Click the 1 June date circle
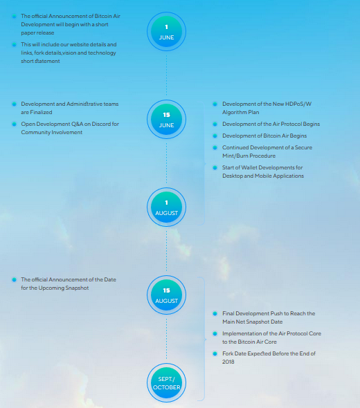pyautogui.click(x=166, y=32)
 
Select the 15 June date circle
pyautogui.click(x=166, y=119)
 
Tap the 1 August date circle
pyautogui.click(x=166, y=207)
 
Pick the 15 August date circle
pyautogui.click(x=166, y=295)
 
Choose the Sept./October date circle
pyautogui.click(x=166, y=383)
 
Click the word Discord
pyautogui.click(x=101, y=124)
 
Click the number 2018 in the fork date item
pyautogui.click(x=228, y=362)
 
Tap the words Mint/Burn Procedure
pyautogui.click(x=249, y=156)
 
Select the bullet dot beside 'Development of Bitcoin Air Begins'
pyautogui.click(x=215, y=136)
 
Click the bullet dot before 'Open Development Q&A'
pyautogui.click(x=14, y=124)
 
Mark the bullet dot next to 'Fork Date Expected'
pyautogui.click(x=215, y=353)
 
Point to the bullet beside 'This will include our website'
pyautogui.click(x=14, y=44)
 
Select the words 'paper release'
pyautogui.click(x=37, y=33)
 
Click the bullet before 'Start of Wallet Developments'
pyautogui.click(x=215, y=167)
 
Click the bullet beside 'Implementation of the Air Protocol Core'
pyautogui.click(x=215, y=333)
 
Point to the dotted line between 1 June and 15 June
pyautogui.click(x=166, y=75)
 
